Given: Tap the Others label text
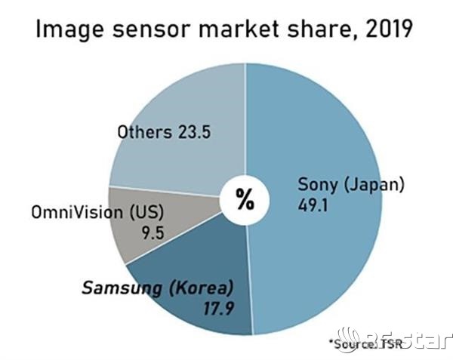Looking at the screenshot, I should (143, 132).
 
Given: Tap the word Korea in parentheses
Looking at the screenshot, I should (203, 287).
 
